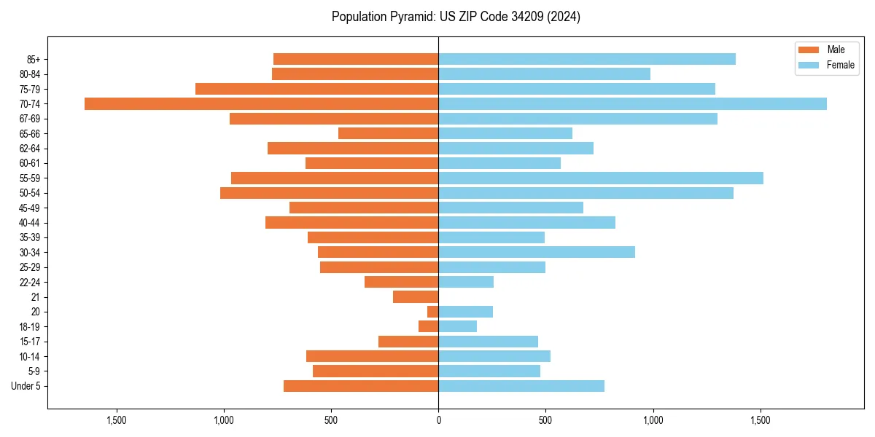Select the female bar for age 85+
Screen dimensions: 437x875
coord(586,59)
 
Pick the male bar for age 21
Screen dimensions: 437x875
coord(416,296)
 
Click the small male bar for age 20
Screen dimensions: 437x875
coord(432,312)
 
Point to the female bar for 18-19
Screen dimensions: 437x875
coord(457,326)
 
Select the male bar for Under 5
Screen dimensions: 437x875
coord(361,386)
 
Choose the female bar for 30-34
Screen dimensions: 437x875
coord(536,252)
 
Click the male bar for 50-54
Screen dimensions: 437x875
coord(329,193)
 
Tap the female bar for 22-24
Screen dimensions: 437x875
coord(465,282)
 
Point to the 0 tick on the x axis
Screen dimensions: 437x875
coord(438,420)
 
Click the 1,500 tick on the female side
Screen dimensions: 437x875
coord(761,420)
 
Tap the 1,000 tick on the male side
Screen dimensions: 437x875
coord(223,420)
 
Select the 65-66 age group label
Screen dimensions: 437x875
coord(30,133)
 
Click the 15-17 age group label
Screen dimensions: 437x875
coord(30,342)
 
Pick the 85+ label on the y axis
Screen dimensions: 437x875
coord(34,59)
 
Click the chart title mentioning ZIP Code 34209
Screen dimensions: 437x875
coord(456,17)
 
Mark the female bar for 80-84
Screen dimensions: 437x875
coord(544,74)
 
